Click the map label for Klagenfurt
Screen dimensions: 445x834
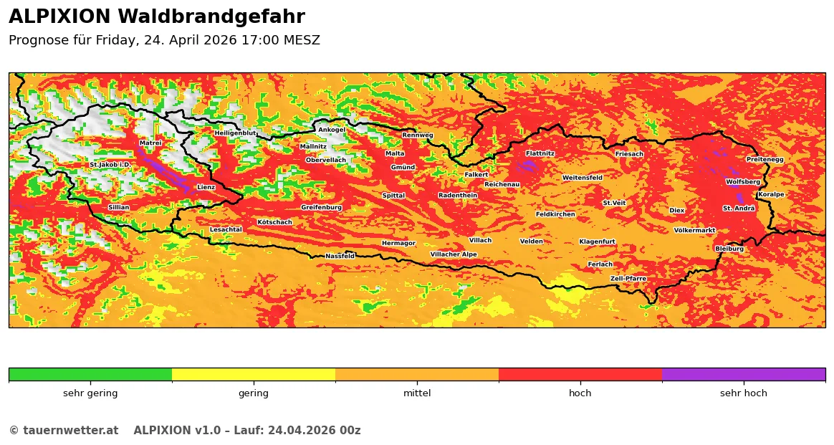pyautogui.click(x=597, y=241)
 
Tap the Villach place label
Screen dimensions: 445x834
pyautogui.click(x=480, y=241)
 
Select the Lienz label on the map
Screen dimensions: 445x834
pyautogui.click(x=206, y=188)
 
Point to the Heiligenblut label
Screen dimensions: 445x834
pyautogui.click(x=235, y=133)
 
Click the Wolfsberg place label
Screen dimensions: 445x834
pyautogui.click(x=742, y=182)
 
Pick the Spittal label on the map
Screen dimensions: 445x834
pyautogui.click(x=393, y=196)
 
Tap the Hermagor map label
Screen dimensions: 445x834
pyautogui.click(x=398, y=244)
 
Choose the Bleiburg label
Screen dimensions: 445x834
pyautogui.click(x=729, y=249)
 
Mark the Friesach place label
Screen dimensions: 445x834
pyautogui.click(x=629, y=154)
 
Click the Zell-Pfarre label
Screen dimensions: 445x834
pyautogui.click(x=628, y=279)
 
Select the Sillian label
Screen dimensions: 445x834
pyautogui.click(x=119, y=208)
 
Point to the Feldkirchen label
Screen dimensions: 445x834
pyautogui.click(x=555, y=214)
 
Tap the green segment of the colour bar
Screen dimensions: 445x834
pyautogui.click(x=90, y=374)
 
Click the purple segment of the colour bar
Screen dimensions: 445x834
pyautogui.click(x=743, y=374)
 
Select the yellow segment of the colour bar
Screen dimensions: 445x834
pyautogui.click(x=254, y=374)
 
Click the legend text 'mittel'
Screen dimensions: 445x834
pyautogui.click(x=417, y=393)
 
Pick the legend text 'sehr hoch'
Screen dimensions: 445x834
pyautogui.click(x=743, y=393)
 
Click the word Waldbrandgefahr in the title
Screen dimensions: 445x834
pyautogui.click(x=211, y=17)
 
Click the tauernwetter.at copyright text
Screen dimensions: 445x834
pyautogui.click(x=63, y=431)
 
